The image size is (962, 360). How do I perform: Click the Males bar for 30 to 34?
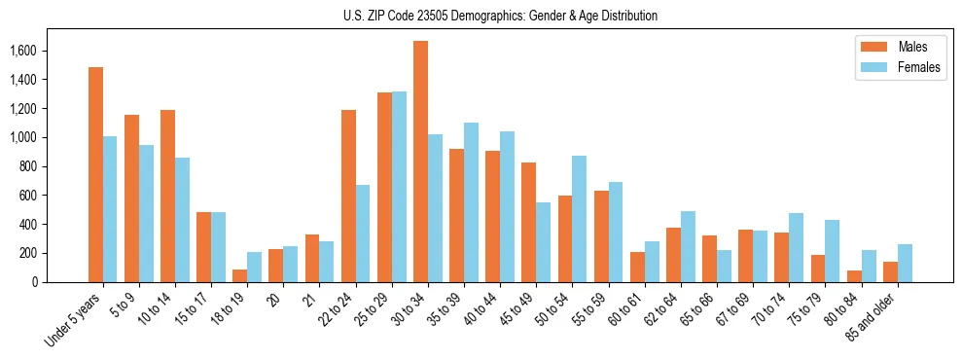point(420,162)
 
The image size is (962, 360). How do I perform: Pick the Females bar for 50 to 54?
point(580,219)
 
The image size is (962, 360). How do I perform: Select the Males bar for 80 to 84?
point(854,276)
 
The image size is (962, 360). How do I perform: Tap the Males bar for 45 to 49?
point(528,223)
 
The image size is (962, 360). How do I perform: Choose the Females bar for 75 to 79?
point(833,251)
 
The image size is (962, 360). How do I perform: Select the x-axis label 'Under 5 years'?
point(75,317)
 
